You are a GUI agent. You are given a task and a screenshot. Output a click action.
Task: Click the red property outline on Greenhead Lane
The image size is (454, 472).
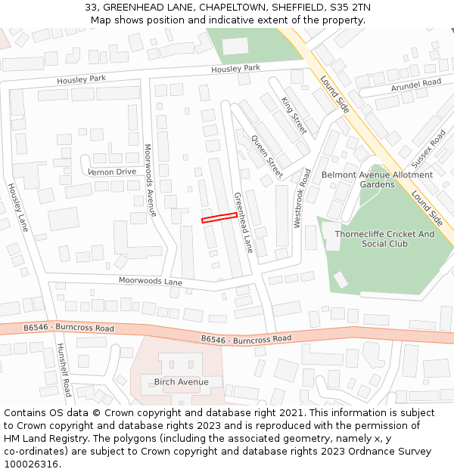click(x=219, y=217)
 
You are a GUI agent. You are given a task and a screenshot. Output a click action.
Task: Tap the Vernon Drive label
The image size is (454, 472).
click(x=112, y=171)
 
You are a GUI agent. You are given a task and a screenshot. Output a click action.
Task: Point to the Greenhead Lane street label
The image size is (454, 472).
click(x=243, y=221)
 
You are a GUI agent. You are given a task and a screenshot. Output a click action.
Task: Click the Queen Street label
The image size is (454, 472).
click(x=266, y=156)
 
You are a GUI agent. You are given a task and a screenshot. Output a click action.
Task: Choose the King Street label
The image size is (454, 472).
click(x=294, y=116)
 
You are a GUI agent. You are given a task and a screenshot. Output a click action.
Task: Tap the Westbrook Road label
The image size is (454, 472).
click(x=302, y=198)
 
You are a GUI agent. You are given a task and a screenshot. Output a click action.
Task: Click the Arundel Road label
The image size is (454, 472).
click(x=415, y=86)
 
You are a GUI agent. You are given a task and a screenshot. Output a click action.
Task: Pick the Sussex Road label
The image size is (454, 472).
click(x=428, y=149)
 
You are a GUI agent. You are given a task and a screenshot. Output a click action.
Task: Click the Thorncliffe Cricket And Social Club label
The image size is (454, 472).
click(x=384, y=239)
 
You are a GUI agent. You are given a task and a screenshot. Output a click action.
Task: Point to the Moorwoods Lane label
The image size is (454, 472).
click(x=151, y=281)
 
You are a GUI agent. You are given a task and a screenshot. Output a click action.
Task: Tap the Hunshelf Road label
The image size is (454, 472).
click(x=63, y=370)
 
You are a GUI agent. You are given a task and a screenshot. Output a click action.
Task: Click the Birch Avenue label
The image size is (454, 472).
click(x=181, y=381)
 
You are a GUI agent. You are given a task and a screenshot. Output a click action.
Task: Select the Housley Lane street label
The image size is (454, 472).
click(x=17, y=207)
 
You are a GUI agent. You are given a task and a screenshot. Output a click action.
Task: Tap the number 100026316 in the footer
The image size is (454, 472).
click(x=31, y=464)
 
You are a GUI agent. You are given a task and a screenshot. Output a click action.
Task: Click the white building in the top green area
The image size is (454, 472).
click(x=235, y=46)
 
